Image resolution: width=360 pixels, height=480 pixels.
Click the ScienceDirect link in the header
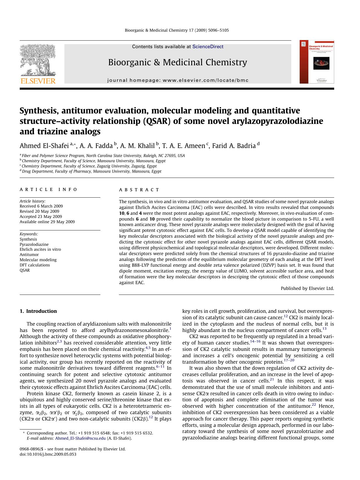(208, 46)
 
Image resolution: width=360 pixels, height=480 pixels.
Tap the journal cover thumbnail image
(317, 62)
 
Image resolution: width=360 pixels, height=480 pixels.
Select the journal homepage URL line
(178, 80)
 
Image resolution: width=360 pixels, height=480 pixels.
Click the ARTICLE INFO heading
(48, 190)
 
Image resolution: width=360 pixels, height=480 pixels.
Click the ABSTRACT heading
(139, 190)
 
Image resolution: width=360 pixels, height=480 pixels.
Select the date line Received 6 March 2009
(41, 206)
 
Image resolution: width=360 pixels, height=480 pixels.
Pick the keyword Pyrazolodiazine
(34, 244)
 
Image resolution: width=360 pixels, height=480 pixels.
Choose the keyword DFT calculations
(35, 265)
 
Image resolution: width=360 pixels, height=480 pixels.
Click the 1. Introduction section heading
(38, 311)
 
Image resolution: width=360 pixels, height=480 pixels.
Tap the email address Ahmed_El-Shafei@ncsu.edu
(80, 438)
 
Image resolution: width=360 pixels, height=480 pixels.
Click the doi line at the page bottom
(48, 454)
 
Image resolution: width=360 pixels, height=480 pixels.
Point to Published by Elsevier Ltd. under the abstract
(307, 288)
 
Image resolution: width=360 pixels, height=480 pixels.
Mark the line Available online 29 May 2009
(47, 222)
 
